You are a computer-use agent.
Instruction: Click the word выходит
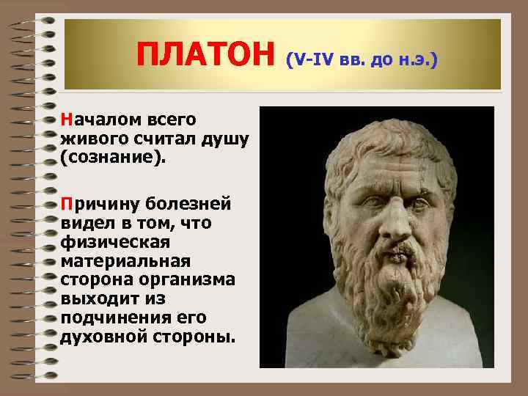(x=95, y=299)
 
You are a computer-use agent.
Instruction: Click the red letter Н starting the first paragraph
(x=67, y=119)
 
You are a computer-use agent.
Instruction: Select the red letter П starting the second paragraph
(x=67, y=202)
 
